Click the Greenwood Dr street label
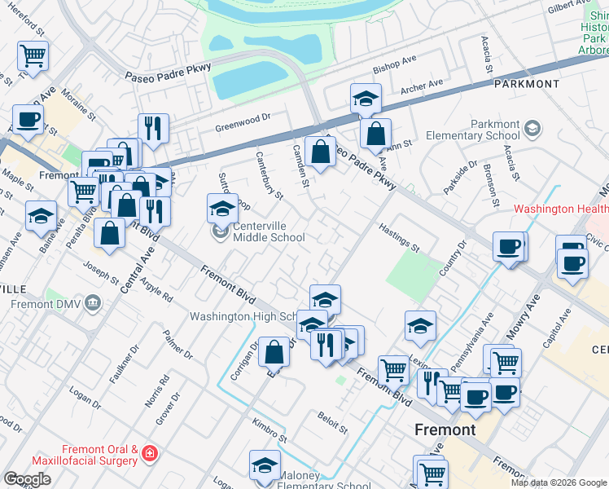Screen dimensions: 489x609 pyautogui.click(x=242, y=120)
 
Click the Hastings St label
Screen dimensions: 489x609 pyautogui.click(x=399, y=236)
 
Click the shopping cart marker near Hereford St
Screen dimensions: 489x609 pyautogui.click(x=33, y=56)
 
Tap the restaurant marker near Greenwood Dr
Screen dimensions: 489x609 pyautogui.click(x=153, y=126)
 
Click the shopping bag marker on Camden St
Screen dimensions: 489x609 pyautogui.click(x=321, y=151)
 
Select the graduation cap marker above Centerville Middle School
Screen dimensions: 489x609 pyautogui.click(x=222, y=209)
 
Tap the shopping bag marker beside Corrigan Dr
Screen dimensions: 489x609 pyautogui.click(x=274, y=351)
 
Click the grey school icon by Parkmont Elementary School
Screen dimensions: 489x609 pyautogui.click(x=532, y=129)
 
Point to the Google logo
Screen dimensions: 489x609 pyautogui.click(x=27, y=478)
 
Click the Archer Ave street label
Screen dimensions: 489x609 pyautogui.click(x=422, y=85)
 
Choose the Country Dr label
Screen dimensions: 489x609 pyautogui.click(x=453, y=258)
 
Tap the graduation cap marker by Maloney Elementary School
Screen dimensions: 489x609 pyautogui.click(x=264, y=465)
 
